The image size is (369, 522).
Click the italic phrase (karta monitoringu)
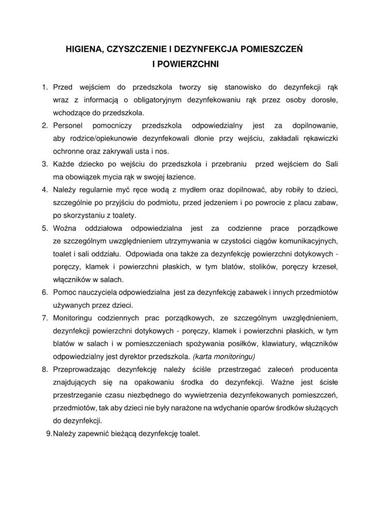[x=224, y=357]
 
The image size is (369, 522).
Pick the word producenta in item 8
[x=319, y=370]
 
